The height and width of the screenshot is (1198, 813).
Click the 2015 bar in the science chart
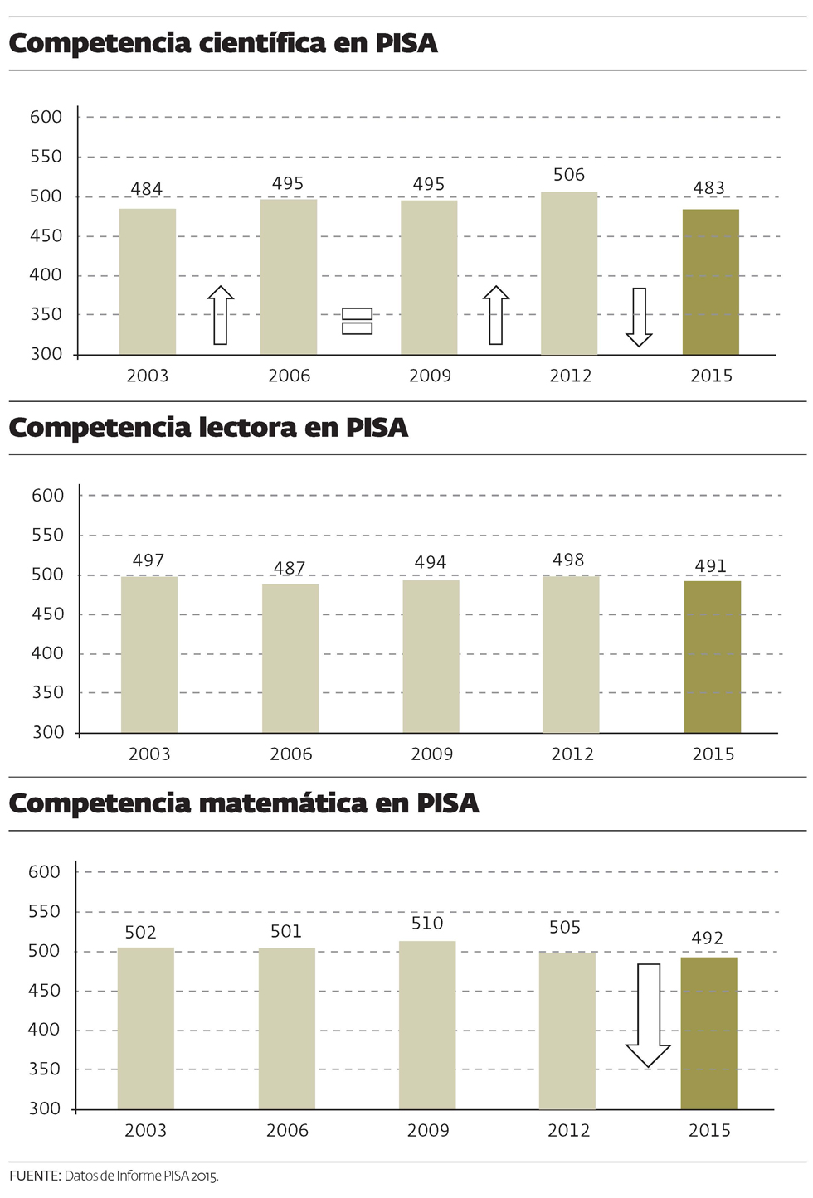point(710,282)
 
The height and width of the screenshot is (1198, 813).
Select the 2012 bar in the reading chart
point(571,654)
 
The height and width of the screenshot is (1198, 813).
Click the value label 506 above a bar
point(569,175)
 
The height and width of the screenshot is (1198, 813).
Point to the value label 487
point(290,568)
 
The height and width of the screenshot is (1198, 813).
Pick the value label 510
point(427,924)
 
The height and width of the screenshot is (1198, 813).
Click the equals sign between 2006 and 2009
point(358,321)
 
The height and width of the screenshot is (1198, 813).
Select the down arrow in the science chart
point(639,317)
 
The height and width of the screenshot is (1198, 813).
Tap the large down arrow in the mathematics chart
point(648,1015)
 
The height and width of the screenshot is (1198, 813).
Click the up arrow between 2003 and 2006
point(221,315)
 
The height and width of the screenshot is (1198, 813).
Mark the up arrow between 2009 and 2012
point(496,315)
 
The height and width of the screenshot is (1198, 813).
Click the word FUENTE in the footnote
point(34,1176)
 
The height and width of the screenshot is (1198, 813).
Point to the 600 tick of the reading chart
point(48,496)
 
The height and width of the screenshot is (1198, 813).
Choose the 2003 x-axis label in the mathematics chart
point(146,1130)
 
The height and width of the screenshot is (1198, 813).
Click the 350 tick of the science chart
point(46,314)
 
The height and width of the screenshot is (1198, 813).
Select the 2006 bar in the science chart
point(289,277)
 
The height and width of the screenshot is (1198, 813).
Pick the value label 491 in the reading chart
point(711,566)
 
